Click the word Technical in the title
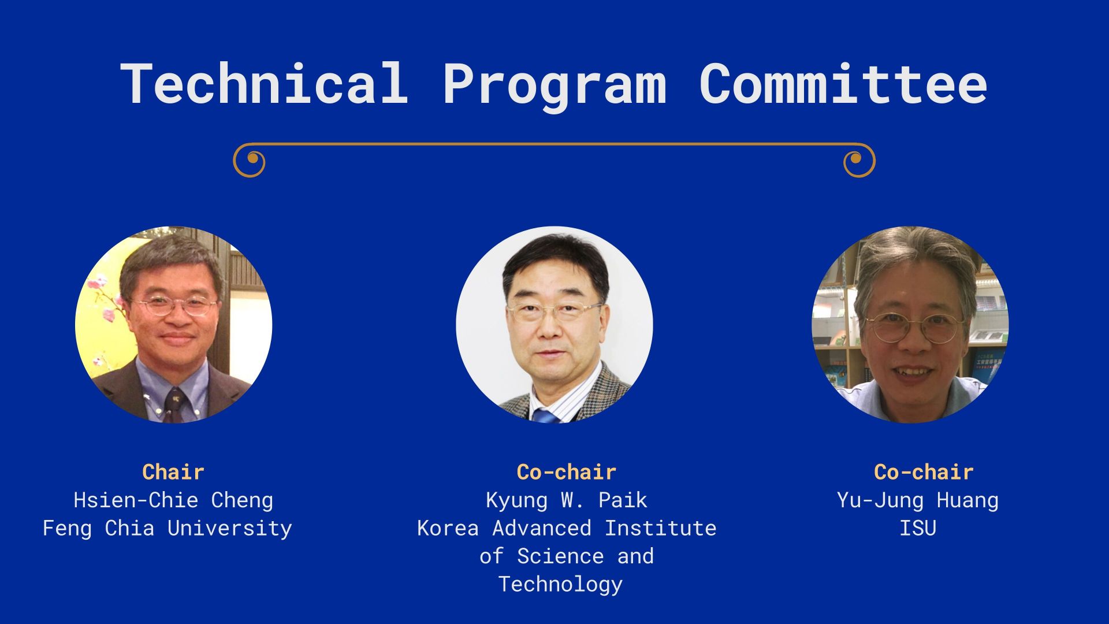264,83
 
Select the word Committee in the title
843,83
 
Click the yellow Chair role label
173,472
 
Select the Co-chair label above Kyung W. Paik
566,472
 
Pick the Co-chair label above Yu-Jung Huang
924,472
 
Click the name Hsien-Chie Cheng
173,500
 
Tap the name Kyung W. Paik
566,500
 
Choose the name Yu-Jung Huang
918,500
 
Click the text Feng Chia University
167,528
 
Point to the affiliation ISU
918,528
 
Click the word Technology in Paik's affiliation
560,584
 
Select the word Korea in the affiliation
448,528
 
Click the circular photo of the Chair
173,325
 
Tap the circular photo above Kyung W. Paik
554,325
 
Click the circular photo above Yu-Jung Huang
910,325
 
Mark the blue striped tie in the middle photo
545,415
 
